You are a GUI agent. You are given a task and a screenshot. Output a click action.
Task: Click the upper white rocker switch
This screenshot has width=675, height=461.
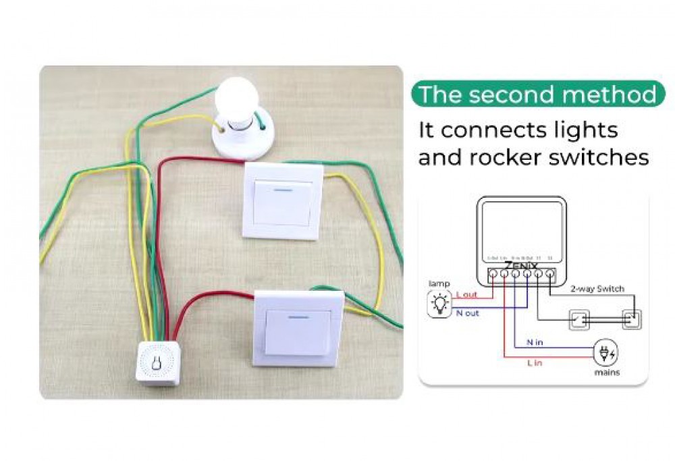pos(283,200)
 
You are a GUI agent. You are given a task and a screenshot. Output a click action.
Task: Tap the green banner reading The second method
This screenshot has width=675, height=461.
pos(537,94)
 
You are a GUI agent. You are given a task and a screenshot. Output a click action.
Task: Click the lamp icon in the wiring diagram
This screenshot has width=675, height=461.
pos(441,304)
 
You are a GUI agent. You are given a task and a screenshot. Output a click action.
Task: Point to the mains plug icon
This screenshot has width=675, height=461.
pos(605,353)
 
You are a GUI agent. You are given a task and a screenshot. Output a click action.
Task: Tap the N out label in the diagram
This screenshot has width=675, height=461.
pos(467,313)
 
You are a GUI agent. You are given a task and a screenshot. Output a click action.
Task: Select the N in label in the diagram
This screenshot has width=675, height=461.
pos(534,342)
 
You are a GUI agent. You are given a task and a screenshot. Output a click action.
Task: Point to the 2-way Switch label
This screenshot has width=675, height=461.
pos(597,289)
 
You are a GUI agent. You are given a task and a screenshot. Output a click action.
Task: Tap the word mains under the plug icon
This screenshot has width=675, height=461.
pos(606,373)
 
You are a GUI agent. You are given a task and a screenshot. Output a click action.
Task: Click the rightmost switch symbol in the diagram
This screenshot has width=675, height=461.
pos(630,319)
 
